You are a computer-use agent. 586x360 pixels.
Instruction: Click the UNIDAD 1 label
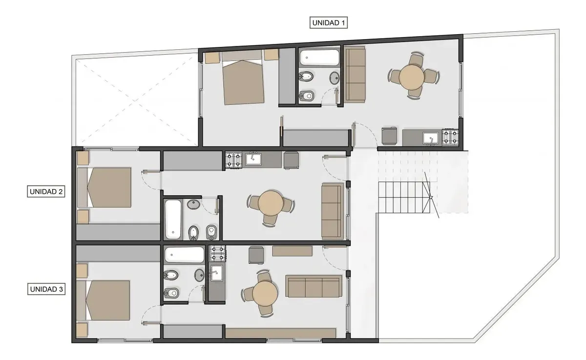click(328, 23)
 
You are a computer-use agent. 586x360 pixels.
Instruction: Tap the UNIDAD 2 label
click(46, 191)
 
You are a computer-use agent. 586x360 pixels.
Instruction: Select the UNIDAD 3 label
click(46, 289)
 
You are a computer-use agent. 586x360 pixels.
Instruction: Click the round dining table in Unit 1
click(412, 77)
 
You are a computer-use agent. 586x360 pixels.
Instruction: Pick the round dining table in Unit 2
click(271, 203)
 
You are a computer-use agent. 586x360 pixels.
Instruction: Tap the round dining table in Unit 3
click(265, 293)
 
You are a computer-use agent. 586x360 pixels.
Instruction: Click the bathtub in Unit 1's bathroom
click(319, 57)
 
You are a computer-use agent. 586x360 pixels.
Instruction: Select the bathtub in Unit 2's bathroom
click(173, 219)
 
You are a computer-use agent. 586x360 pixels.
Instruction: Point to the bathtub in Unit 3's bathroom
click(185, 254)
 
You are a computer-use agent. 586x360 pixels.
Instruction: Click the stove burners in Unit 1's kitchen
click(450, 137)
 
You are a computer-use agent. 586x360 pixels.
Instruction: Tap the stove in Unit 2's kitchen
click(233, 160)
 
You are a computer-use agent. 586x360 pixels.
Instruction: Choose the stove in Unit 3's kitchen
click(218, 254)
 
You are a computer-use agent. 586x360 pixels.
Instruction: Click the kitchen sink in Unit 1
click(431, 139)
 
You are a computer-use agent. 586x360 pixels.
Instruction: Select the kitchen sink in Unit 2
click(253, 158)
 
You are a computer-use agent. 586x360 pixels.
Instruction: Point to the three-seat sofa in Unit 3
click(314, 286)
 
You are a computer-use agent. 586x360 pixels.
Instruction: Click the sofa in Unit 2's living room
click(333, 211)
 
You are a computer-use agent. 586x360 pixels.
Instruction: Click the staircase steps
click(404, 198)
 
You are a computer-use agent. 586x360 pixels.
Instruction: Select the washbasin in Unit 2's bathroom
click(193, 204)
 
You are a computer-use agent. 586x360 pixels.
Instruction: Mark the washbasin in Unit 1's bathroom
click(335, 78)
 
